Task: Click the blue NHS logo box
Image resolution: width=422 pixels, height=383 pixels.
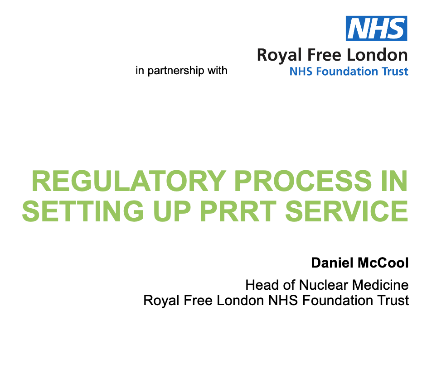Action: click(376, 28)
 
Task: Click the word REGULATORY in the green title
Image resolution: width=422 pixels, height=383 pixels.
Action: click(129, 181)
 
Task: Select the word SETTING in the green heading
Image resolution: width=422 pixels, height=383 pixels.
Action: click(83, 211)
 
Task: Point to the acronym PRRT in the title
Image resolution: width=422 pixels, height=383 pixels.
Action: click(238, 211)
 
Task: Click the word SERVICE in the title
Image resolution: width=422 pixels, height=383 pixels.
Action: click(347, 211)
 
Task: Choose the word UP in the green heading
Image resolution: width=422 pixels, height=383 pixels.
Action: click(172, 211)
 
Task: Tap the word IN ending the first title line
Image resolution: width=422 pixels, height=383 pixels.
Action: click(394, 181)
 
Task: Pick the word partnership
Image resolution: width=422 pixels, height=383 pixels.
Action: click(176, 71)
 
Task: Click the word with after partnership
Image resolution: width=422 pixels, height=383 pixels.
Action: click(217, 71)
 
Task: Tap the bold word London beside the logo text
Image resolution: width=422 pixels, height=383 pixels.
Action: click(377, 55)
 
